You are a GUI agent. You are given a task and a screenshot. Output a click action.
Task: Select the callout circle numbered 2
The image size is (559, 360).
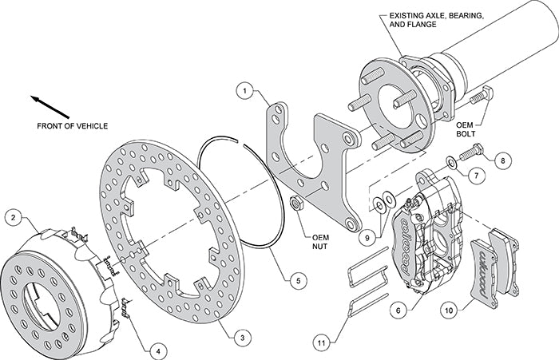pos(14,216)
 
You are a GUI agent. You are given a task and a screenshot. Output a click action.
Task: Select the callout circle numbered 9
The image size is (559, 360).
pos(367,236)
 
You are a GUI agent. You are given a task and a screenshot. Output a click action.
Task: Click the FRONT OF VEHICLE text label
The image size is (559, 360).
pos(72,126)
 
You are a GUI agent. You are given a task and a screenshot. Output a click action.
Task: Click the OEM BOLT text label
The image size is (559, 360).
pos(470,129)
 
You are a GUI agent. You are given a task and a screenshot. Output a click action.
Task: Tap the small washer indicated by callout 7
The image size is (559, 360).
pos(453,163)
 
